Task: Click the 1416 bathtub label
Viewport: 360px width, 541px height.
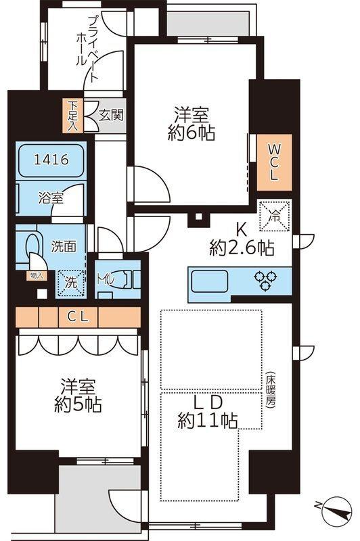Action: click(51, 160)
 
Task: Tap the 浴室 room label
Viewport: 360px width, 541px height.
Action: click(51, 198)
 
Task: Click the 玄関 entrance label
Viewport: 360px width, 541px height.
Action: click(111, 116)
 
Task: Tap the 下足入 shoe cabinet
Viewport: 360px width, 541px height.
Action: click(72, 116)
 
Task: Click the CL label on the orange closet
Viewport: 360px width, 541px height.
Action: click(78, 315)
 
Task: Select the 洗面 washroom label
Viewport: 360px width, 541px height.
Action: click(62, 245)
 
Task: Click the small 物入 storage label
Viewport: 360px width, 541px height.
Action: click(36, 275)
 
